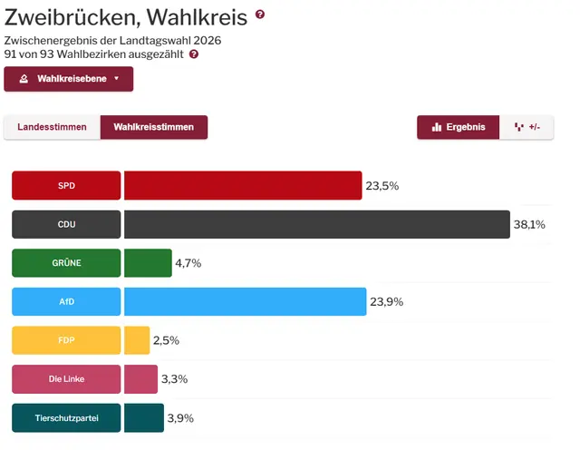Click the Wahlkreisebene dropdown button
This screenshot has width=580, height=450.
coord(69,79)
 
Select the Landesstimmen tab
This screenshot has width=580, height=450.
coord(52,127)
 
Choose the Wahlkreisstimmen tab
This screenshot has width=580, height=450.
coord(154,127)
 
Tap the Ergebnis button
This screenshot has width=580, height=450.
coord(458,127)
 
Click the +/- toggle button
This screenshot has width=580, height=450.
coord(527,127)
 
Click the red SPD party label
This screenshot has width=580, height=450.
coord(66,185)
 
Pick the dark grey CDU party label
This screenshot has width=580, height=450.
coord(66,224)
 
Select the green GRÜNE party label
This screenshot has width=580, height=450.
coord(66,263)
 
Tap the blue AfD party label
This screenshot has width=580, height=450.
coord(66,301)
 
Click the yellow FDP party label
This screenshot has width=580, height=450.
coord(66,340)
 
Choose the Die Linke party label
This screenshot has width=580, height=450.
coord(66,378)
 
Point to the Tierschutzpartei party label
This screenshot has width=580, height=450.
coord(66,417)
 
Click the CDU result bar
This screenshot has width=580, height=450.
coord(317,224)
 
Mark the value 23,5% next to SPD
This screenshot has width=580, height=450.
coord(382,186)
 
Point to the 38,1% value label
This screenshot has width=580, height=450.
coord(529,225)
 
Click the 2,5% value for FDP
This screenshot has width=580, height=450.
coord(167,340)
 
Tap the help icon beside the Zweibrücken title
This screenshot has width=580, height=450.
coord(260,15)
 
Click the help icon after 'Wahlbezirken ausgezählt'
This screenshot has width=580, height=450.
coord(194,54)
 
